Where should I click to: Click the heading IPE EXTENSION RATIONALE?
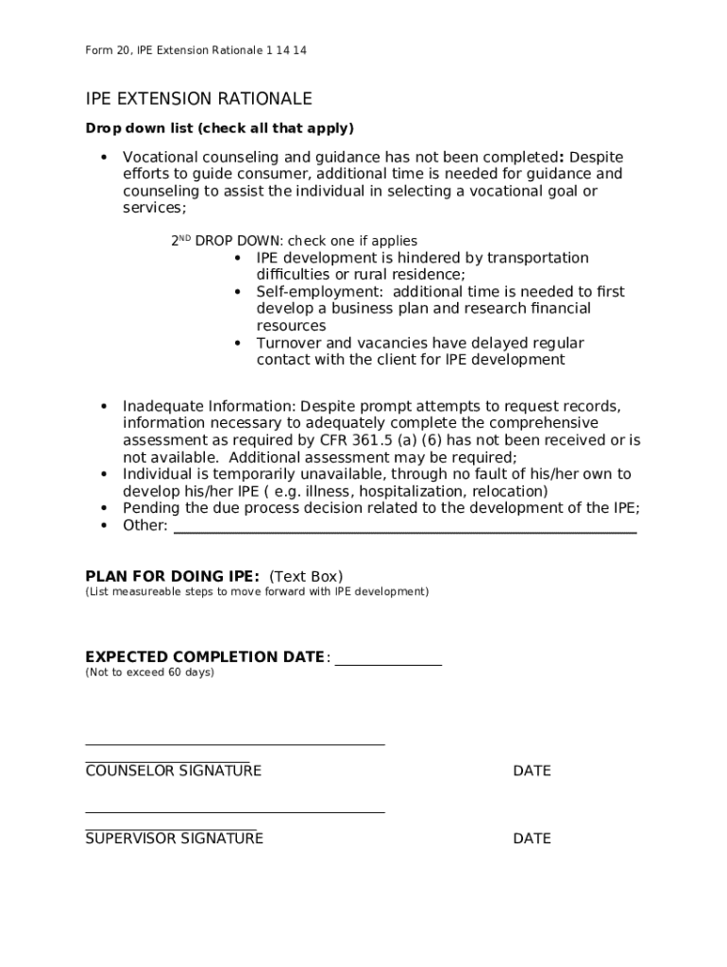(x=198, y=99)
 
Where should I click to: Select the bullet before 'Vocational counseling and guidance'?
(x=104, y=158)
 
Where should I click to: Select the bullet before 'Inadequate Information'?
(x=104, y=407)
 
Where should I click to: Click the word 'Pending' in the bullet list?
(x=151, y=508)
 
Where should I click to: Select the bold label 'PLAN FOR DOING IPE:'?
(x=172, y=576)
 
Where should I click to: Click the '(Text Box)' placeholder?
(x=306, y=576)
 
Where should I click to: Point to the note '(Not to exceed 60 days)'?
(x=149, y=672)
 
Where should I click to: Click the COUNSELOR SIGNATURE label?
(x=173, y=771)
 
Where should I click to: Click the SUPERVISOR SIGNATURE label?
(x=174, y=839)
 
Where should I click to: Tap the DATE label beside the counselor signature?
(x=532, y=771)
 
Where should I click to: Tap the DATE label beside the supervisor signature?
(x=532, y=839)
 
